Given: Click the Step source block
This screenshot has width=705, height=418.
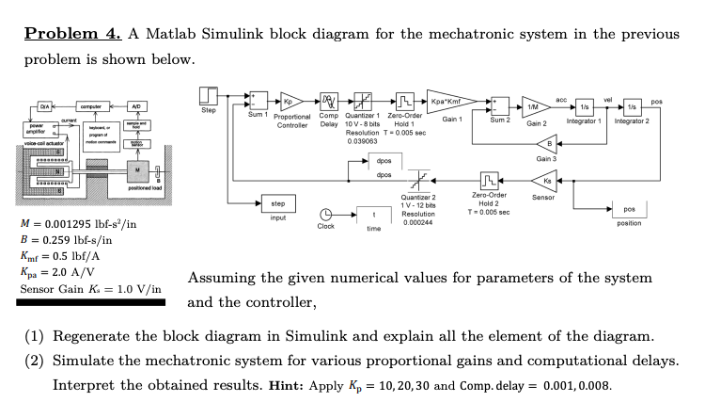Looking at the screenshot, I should coord(209,97).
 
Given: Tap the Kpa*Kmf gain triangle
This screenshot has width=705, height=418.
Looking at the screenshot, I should coord(449,101).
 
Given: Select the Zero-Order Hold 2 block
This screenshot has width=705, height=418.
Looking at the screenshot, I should coord(488,179).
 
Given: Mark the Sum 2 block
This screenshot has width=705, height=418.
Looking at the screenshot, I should coord(498,105).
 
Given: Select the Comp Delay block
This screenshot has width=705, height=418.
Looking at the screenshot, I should coord(328,100).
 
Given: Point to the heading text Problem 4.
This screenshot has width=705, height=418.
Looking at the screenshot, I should coord(70,34).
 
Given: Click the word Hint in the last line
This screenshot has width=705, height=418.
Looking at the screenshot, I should coord(286,386).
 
